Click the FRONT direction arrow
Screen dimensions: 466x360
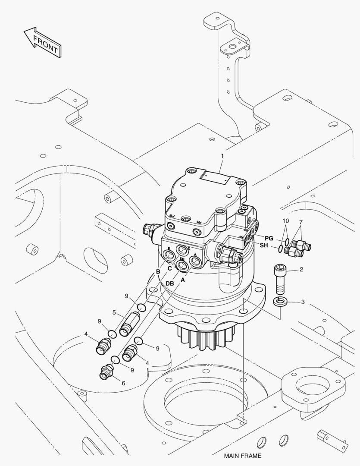(x=42, y=42)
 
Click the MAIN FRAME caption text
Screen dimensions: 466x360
(x=242, y=456)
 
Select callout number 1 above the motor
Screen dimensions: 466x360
(x=222, y=156)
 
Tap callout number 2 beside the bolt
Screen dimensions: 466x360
(x=301, y=270)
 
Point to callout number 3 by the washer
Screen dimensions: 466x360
(x=303, y=302)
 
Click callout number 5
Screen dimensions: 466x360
(x=114, y=312)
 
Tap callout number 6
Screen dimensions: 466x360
(x=123, y=383)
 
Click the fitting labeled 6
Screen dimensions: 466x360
(x=106, y=372)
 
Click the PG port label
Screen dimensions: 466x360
(x=269, y=238)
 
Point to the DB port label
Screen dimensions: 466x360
(x=169, y=283)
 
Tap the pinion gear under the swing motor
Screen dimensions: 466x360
(x=205, y=336)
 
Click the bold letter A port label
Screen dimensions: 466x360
(x=182, y=280)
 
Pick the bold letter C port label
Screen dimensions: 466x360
(x=170, y=268)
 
